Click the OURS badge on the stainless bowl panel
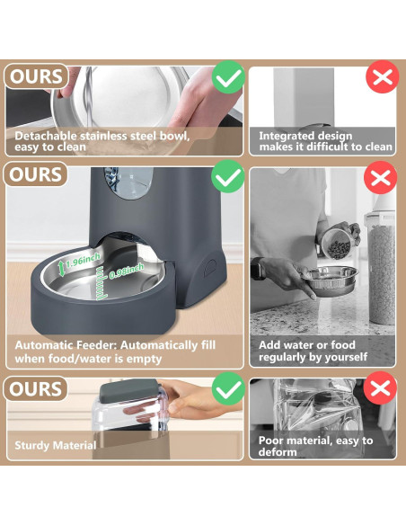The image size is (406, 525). click(x=36, y=76)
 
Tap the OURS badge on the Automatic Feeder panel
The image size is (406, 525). click(x=35, y=174)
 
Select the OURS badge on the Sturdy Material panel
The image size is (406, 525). click(x=35, y=388)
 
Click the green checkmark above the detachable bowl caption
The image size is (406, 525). click(x=228, y=77)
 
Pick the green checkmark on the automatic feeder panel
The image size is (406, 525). click(x=228, y=176)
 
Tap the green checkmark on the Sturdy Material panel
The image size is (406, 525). click(x=228, y=388)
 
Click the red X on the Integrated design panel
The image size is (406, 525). click(x=383, y=76)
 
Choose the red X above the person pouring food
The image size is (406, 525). click(x=381, y=177)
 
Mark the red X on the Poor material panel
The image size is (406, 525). click(x=380, y=387)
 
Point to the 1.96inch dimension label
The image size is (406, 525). click(x=83, y=261)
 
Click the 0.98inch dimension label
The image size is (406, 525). click(x=127, y=271)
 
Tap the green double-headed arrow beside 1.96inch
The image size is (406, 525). click(x=61, y=269)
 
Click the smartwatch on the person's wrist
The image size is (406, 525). click(x=258, y=268)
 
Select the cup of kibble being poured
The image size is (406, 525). click(x=337, y=244)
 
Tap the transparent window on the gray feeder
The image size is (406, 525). click(x=128, y=183)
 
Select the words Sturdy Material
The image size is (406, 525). click(x=56, y=445)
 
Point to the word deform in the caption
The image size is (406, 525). click(x=278, y=452)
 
